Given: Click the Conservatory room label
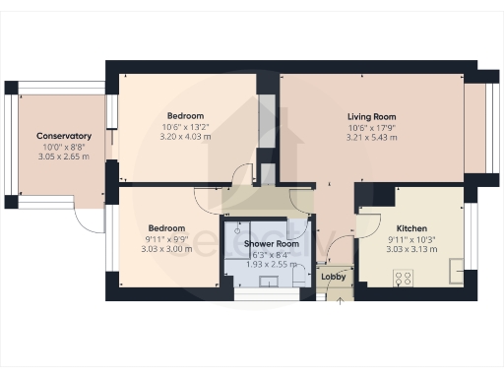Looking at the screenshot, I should coord(64,136).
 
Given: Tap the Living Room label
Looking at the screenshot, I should coord(372,115).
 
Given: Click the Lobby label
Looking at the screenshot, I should coord(334,277).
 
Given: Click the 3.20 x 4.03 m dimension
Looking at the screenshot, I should coord(186,137).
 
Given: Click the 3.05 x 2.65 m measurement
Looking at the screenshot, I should coord(64,157).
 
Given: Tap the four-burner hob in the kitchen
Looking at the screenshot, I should coord(403,278).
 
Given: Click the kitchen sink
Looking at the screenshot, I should coord(455,270).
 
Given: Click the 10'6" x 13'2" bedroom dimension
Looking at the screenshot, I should coord(186,126).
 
